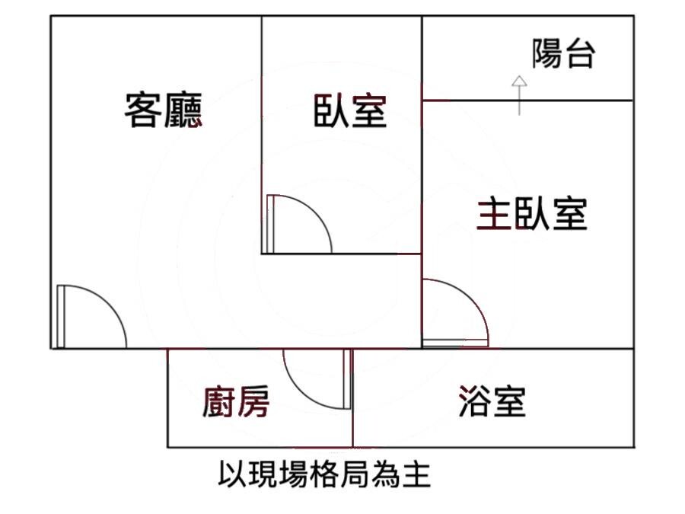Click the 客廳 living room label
click(x=164, y=110)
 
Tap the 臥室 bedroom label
click(x=350, y=111)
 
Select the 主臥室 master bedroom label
click(x=532, y=214)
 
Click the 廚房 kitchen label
click(x=236, y=401)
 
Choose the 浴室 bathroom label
click(x=492, y=401)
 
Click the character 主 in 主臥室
click(x=493, y=214)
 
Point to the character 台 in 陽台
click(x=580, y=54)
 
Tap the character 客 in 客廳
click(x=143, y=110)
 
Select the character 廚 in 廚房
click(x=219, y=401)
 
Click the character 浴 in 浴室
click(x=475, y=401)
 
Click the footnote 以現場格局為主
click(x=324, y=474)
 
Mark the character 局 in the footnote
click(x=355, y=474)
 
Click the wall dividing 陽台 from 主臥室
click(x=527, y=101)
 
